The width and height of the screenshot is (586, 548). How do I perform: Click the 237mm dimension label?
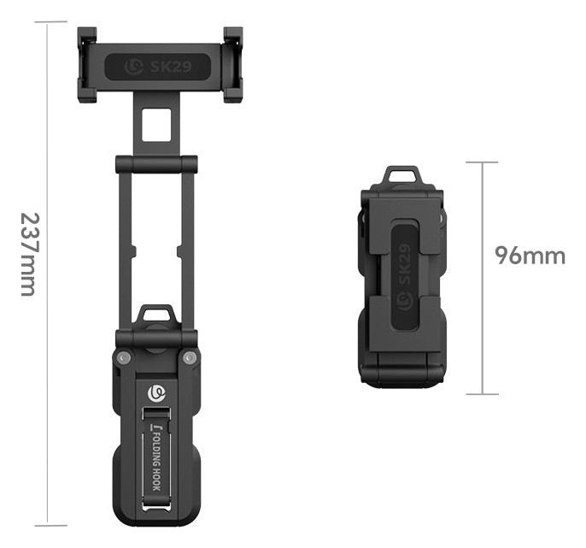[29, 255]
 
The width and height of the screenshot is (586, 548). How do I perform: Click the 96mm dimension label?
[530, 256]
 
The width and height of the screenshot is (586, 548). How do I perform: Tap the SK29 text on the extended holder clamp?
[171, 67]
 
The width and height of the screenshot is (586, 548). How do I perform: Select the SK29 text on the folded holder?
[405, 263]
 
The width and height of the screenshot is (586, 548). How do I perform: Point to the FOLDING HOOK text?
[156, 461]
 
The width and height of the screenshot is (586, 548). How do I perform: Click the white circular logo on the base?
[156, 392]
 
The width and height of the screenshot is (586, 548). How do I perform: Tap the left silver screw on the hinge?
[124, 357]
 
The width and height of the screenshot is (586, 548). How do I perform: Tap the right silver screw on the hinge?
[190, 357]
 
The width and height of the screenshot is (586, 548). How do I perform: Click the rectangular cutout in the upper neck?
[156, 125]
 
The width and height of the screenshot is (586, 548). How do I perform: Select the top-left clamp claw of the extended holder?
[87, 36]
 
